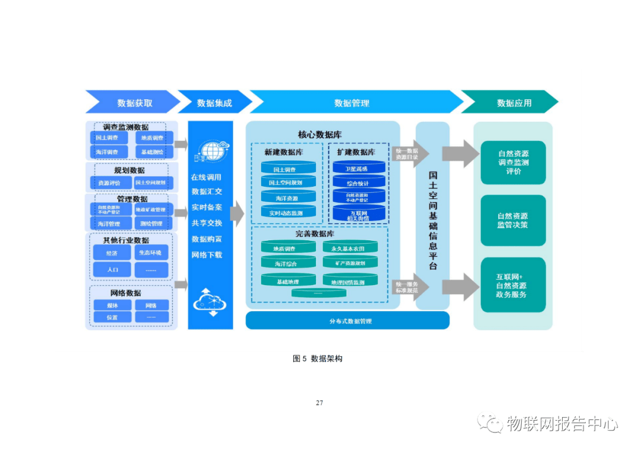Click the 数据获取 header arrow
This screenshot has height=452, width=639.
pos(133,102)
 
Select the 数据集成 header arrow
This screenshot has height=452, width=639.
pos(214,102)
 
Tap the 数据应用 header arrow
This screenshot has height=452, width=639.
pos(512,102)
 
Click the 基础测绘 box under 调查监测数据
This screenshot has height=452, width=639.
pos(153,152)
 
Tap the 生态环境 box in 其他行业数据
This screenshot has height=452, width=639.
pos(151,253)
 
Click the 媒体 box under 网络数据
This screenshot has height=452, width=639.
pos(112,305)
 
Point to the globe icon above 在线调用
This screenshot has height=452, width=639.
pos(210,151)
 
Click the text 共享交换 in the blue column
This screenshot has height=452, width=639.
pos(207,223)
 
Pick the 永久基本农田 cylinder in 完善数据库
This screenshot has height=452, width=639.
pos(350,248)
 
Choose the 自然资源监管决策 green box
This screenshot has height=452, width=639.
pos(512,220)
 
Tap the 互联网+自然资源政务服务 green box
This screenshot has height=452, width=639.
pos(512,285)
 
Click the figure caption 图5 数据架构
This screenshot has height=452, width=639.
pos(318,359)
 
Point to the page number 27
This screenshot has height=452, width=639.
pos(319,403)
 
